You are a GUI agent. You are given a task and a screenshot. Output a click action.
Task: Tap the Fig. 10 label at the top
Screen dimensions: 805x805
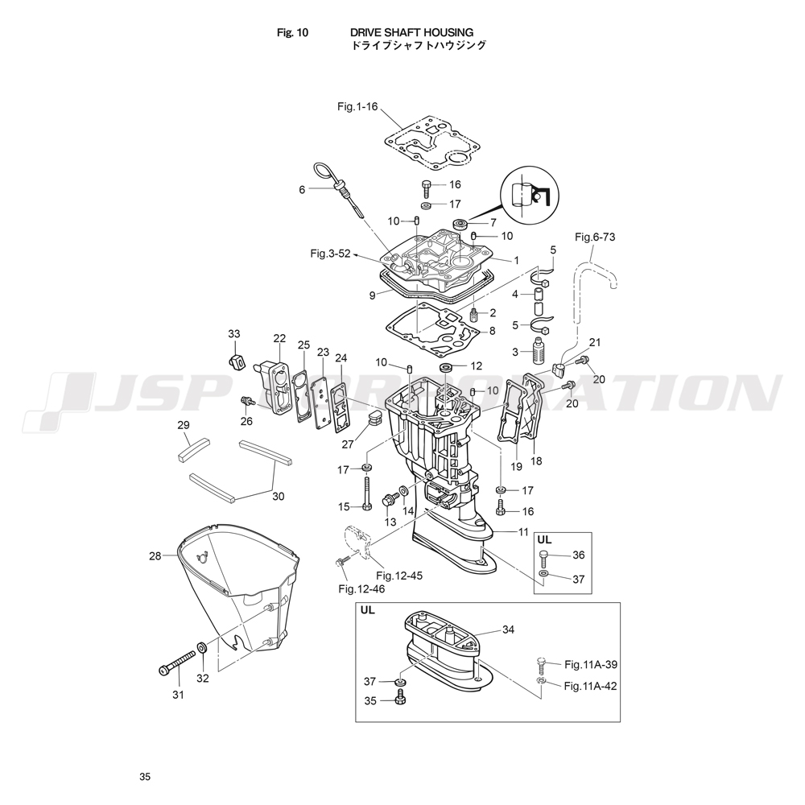[x=292, y=32]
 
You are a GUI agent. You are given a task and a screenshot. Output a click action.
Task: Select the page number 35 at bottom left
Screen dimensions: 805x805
[x=144, y=777]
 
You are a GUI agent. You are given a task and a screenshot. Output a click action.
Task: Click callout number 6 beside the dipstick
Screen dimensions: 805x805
[x=302, y=190]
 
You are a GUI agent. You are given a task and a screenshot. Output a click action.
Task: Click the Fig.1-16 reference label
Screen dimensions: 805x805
[x=357, y=106]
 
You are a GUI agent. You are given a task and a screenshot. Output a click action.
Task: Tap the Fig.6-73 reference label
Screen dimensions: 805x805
[x=594, y=237]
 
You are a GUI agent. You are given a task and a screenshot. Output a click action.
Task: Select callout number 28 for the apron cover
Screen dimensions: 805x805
[x=155, y=555]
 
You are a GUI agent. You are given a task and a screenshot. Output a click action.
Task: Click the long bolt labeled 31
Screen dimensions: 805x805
[x=180, y=659]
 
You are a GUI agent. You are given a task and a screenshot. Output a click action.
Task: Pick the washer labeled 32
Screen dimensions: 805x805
[x=201, y=647]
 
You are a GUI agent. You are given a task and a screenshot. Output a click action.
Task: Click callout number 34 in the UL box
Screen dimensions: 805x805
[x=508, y=630]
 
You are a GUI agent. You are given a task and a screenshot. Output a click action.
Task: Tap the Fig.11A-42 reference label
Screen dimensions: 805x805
[x=590, y=686]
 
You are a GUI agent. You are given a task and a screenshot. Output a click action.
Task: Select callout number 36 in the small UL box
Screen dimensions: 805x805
[x=579, y=555]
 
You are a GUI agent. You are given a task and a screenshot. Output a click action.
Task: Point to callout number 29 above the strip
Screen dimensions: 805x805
[x=184, y=425]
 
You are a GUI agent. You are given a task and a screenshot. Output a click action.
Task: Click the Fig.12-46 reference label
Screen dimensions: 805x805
[x=361, y=589]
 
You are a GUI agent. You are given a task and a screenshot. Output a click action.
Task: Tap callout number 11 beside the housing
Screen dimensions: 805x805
[x=523, y=532]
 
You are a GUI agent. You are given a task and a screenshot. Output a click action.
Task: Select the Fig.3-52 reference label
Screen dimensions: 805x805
[x=330, y=254]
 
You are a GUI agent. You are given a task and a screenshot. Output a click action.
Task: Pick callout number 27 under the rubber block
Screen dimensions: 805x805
[x=347, y=444]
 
